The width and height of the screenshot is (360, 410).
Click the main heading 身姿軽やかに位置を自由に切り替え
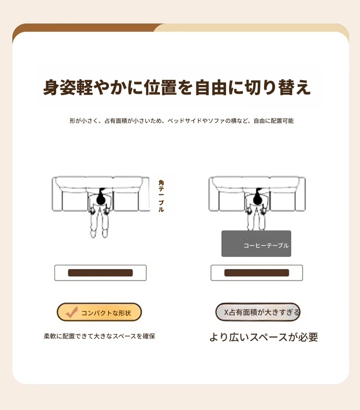pos(177,87)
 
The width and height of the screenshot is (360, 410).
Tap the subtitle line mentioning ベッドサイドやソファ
pos(181,121)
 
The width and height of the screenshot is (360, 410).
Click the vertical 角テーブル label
pos(161,196)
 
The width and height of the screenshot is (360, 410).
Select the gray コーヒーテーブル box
pos(256,243)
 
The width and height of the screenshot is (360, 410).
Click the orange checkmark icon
pos(72,312)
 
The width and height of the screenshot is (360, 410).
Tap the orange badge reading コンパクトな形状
pos(99,312)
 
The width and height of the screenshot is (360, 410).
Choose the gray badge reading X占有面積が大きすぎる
pos(258,312)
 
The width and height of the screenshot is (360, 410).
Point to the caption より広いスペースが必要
pos(264,337)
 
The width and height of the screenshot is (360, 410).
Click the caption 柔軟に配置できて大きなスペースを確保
pos(99,336)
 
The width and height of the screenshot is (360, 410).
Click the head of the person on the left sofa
pos(101,199)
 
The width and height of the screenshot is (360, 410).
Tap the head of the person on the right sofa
pos(258,199)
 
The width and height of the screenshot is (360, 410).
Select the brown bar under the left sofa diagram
pos(100,273)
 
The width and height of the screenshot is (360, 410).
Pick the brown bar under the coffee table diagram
pos(257,273)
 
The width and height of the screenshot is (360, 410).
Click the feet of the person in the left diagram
pos(99,233)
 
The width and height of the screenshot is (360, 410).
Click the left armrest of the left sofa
pos(57,194)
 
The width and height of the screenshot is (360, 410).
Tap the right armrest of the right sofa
pos(300,194)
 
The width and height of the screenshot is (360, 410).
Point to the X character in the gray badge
pos(227,312)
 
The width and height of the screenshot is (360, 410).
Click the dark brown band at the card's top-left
pos(84,29)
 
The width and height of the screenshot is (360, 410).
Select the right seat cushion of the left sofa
pos(126,201)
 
